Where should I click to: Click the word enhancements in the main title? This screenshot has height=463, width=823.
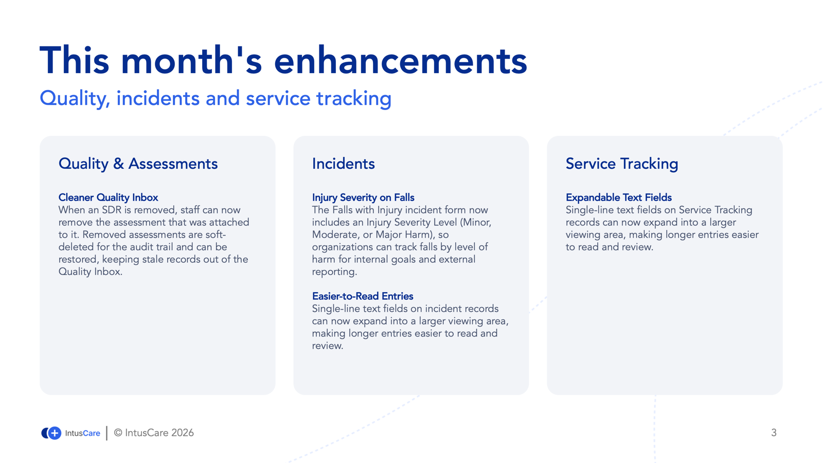pyautogui.click(x=401, y=61)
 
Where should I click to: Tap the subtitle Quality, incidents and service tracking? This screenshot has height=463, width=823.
pyautogui.click(x=216, y=99)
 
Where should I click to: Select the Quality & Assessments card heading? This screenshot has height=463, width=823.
pyautogui.click(x=138, y=164)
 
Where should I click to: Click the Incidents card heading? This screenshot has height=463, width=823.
pyautogui.click(x=343, y=164)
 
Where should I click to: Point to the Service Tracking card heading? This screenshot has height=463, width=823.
pyautogui.click(x=622, y=164)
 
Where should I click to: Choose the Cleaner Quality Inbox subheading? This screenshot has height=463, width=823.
pyautogui.click(x=108, y=198)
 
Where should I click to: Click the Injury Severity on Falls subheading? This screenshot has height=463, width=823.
pyautogui.click(x=363, y=198)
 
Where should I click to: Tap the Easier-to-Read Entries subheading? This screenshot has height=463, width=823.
pyautogui.click(x=363, y=296)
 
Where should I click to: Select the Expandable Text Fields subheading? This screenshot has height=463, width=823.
pyautogui.click(x=619, y=198)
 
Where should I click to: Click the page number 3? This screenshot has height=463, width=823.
pyautogui.click(x=774, y=433)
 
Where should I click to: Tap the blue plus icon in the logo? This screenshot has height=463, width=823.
pyautogui.click(x=55, y=433)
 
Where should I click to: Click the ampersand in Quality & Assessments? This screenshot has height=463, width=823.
pyautogui.click(x=118, y=164)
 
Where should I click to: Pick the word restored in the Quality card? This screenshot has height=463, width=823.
pyautogui.click(x=79, y=260)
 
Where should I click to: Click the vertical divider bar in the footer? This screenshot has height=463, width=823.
pyautogui.click(x=106, y=433)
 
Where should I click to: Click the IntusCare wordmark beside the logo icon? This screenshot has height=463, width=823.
pyautogui.click(x=82, y=433)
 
